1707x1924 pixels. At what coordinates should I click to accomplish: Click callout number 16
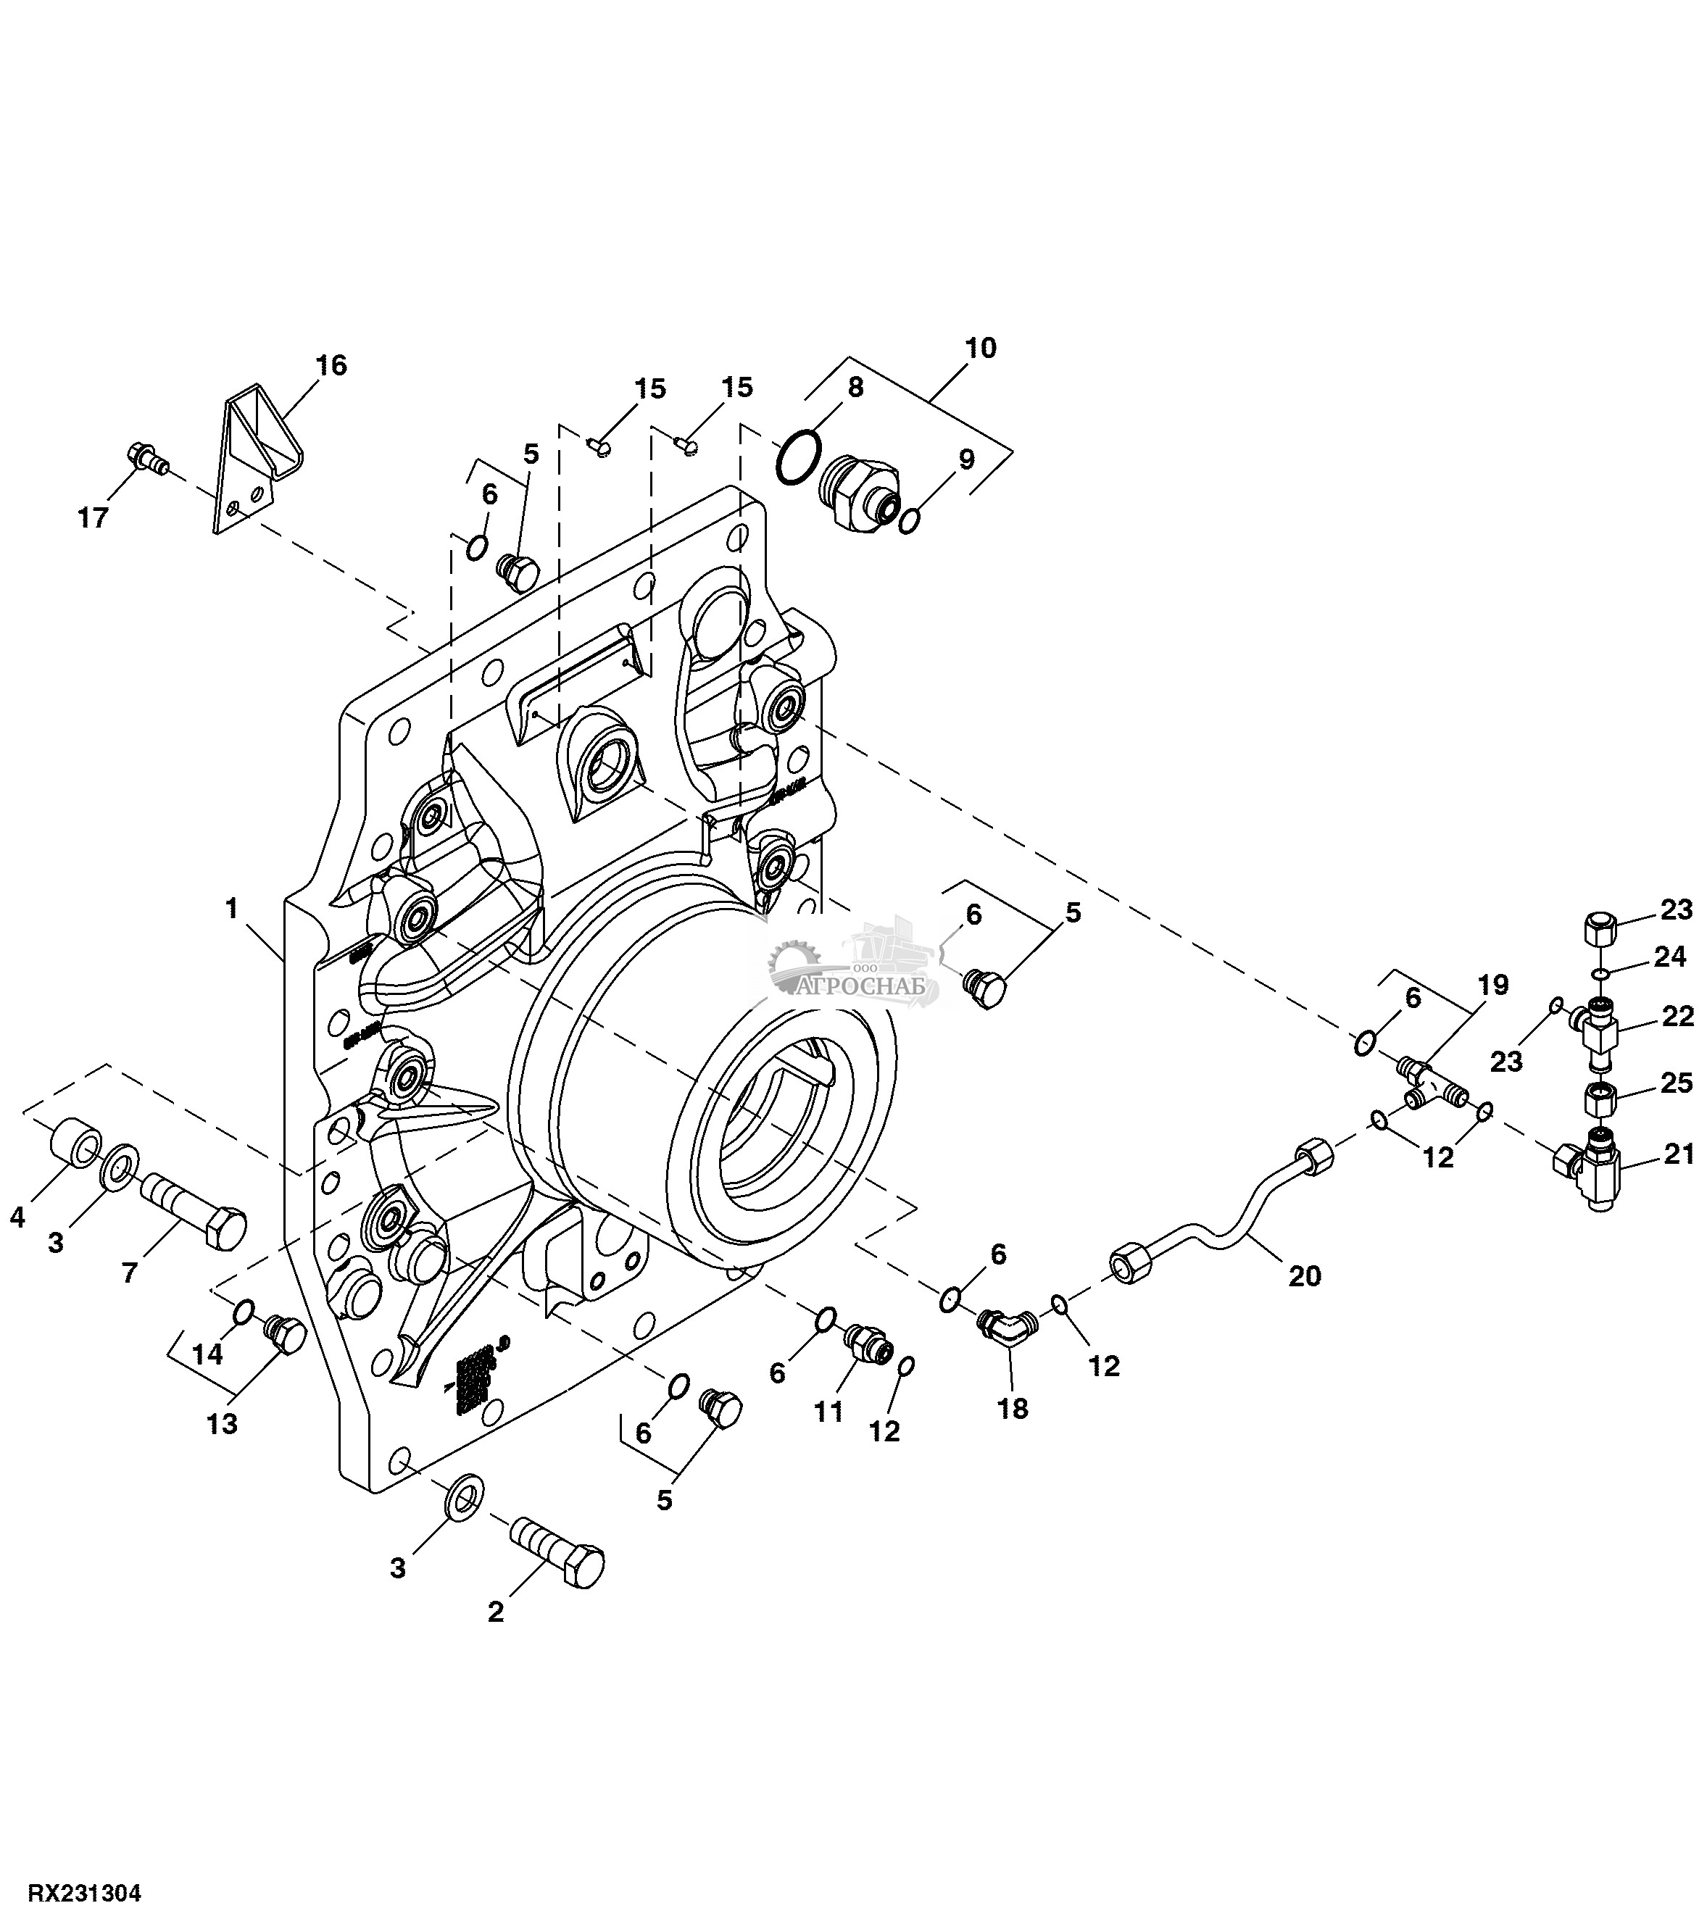[331, 365]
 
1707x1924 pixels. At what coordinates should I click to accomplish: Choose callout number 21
[1679, 1153]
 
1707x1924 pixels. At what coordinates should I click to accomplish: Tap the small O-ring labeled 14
[243, 1310]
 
